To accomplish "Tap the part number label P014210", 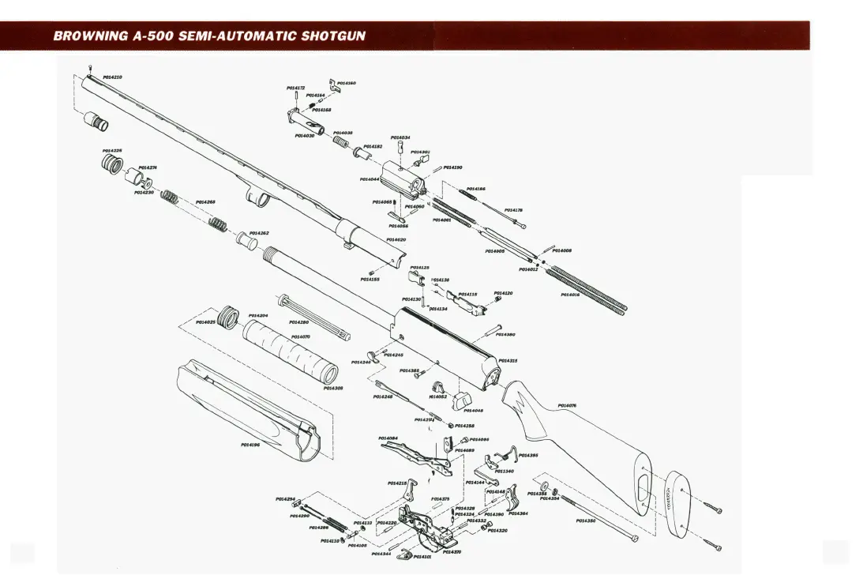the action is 112,77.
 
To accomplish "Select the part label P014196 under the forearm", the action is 250,444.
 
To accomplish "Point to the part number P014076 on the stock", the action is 567,405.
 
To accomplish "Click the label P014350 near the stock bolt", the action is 586,521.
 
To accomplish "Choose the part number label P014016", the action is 570,295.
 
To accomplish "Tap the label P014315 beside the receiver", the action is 508,360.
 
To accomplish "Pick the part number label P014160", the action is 346,83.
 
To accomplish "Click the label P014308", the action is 333,388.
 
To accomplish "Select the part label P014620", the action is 396,239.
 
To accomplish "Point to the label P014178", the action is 513,210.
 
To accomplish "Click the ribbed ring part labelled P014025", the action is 229,316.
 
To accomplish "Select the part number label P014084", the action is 388,438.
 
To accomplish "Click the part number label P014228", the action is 112,150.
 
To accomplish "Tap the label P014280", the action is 298,322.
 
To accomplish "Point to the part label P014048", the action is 474,410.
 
